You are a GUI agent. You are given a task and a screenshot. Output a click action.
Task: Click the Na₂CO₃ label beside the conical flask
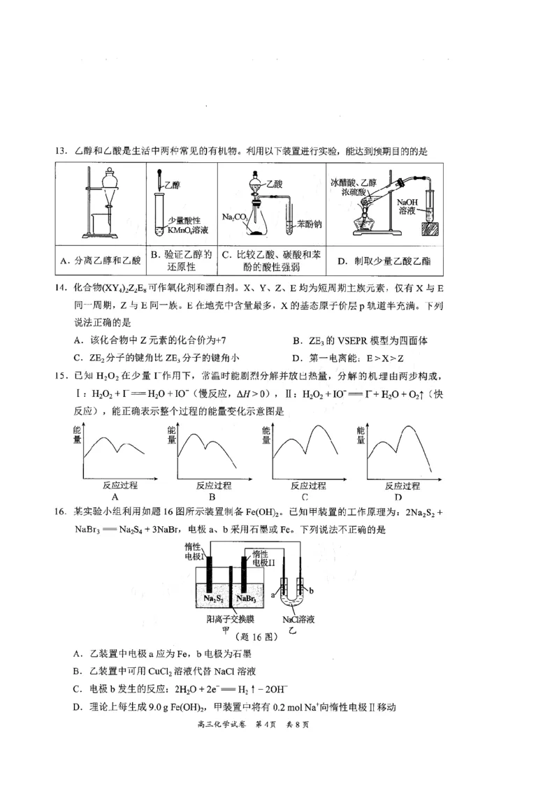coord(235,217)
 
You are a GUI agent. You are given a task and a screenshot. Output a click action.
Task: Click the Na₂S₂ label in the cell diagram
coord(213,599)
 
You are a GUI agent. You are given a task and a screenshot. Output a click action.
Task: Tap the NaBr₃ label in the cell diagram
coord(248,599)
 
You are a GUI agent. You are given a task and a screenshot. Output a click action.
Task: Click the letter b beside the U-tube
coord(312,591)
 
